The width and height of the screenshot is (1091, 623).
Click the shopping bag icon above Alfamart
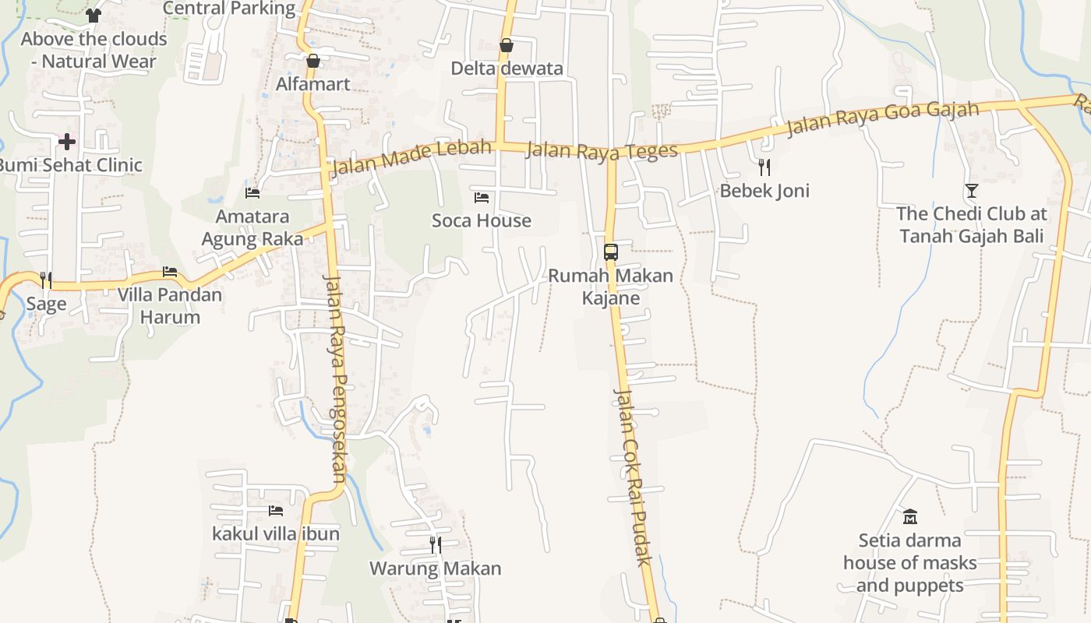[313, 61]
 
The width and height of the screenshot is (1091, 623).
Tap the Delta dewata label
[507, 69]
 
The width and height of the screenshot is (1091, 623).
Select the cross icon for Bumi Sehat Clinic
[67, 142]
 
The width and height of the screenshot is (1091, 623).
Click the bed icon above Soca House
[482, 198]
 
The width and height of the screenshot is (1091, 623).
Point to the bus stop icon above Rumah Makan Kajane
[610, 252]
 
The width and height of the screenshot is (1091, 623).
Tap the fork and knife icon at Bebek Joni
[764, 167]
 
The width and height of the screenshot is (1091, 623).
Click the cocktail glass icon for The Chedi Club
[971, 190]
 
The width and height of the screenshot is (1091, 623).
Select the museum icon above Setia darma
[909, 516]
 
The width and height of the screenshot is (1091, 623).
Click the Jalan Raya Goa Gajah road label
[882, 118]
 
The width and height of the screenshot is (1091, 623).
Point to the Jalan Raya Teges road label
[602, 150]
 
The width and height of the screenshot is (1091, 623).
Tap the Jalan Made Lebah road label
[411, 157]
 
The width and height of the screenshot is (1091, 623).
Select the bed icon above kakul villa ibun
[276, 511]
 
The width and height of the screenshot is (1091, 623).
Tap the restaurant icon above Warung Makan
[436, 545]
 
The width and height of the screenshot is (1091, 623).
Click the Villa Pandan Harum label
[170, 306]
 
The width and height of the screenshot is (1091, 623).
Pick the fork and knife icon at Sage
[46, 280]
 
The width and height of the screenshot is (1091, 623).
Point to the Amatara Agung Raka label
[252, 227]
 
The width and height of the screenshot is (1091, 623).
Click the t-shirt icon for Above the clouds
[94, 16]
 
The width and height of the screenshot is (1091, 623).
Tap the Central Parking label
[229, 9]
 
